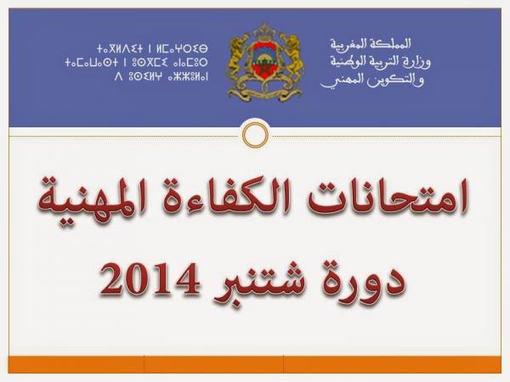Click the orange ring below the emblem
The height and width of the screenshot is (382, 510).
[x=255, y=133]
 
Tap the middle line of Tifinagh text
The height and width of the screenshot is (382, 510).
[x=136, y=61]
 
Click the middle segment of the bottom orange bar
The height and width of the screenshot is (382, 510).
[x=213, y=364]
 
